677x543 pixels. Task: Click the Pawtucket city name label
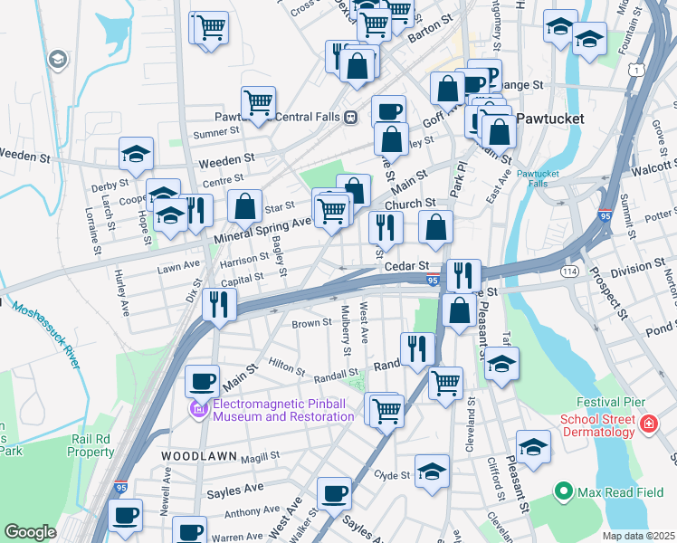coord(550,119)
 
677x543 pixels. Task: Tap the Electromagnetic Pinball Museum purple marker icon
coord(198,410)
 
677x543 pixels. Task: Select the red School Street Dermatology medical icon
coord(648,424)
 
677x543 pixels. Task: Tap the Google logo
coord(30,532)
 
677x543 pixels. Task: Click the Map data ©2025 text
coord(637,536)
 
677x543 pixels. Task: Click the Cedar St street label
coord(406,266)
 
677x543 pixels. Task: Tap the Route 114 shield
coord(568,271)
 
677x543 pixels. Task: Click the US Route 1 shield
coord(639,70)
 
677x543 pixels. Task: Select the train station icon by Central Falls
coord(350,117)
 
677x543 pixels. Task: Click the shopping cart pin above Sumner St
coord(258,101)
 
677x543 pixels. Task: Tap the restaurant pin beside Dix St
coord(218,304)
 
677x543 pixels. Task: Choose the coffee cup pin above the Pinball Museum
coord(203,380)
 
